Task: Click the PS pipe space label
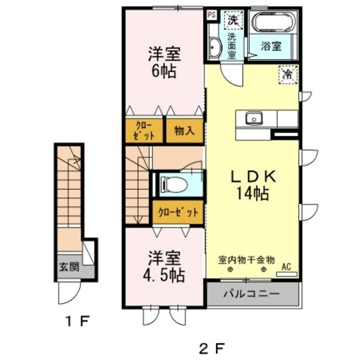[211, 15]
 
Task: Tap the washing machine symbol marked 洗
[233, 20]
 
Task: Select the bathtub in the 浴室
[272, 22]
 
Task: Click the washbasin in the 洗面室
[215, 48]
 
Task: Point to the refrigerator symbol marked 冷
[288, 74]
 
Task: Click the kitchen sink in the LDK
[254, 119]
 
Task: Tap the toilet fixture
[174, 184]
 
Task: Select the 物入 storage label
[184, 131]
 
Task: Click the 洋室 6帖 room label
[164, 62]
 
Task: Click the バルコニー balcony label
[252, 294]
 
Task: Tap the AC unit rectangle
[287, 274]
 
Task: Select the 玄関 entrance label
[69, 267]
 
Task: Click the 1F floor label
[77, 321]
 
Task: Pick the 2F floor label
[211, 349]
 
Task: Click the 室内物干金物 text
[246, 260]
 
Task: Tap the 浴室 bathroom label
[271, 46]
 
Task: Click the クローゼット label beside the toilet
[178, 213]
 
